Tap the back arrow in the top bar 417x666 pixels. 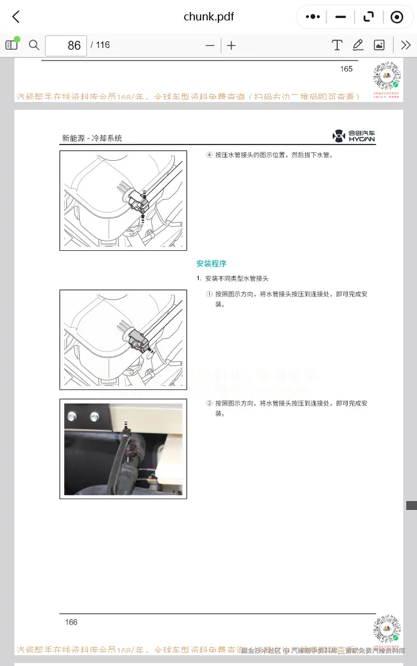click(x=16, y=17)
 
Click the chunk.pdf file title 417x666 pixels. click(x=208, y=17)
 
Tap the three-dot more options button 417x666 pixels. click(x=313, y=17)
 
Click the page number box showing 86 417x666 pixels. click(x=66, y=46)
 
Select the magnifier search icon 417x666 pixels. click(x=34, y=45)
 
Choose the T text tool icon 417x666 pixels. click(x=337, y=45)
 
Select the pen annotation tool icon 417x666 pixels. click(x=358, y=45)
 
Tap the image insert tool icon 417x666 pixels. click(x=379, y=45)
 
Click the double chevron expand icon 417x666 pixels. click(x=406, y=45)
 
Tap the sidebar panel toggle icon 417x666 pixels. click(x=11, y=45)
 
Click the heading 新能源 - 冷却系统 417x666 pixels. click(x=92, y=138)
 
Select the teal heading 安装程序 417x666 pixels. click(x=211, y=263)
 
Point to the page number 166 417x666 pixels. click(x=71, y=622)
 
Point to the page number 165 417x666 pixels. click(x=346, y=69)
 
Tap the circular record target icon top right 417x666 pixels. click(x=397, y=17)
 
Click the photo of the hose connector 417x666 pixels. click(x=123, y=449)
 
